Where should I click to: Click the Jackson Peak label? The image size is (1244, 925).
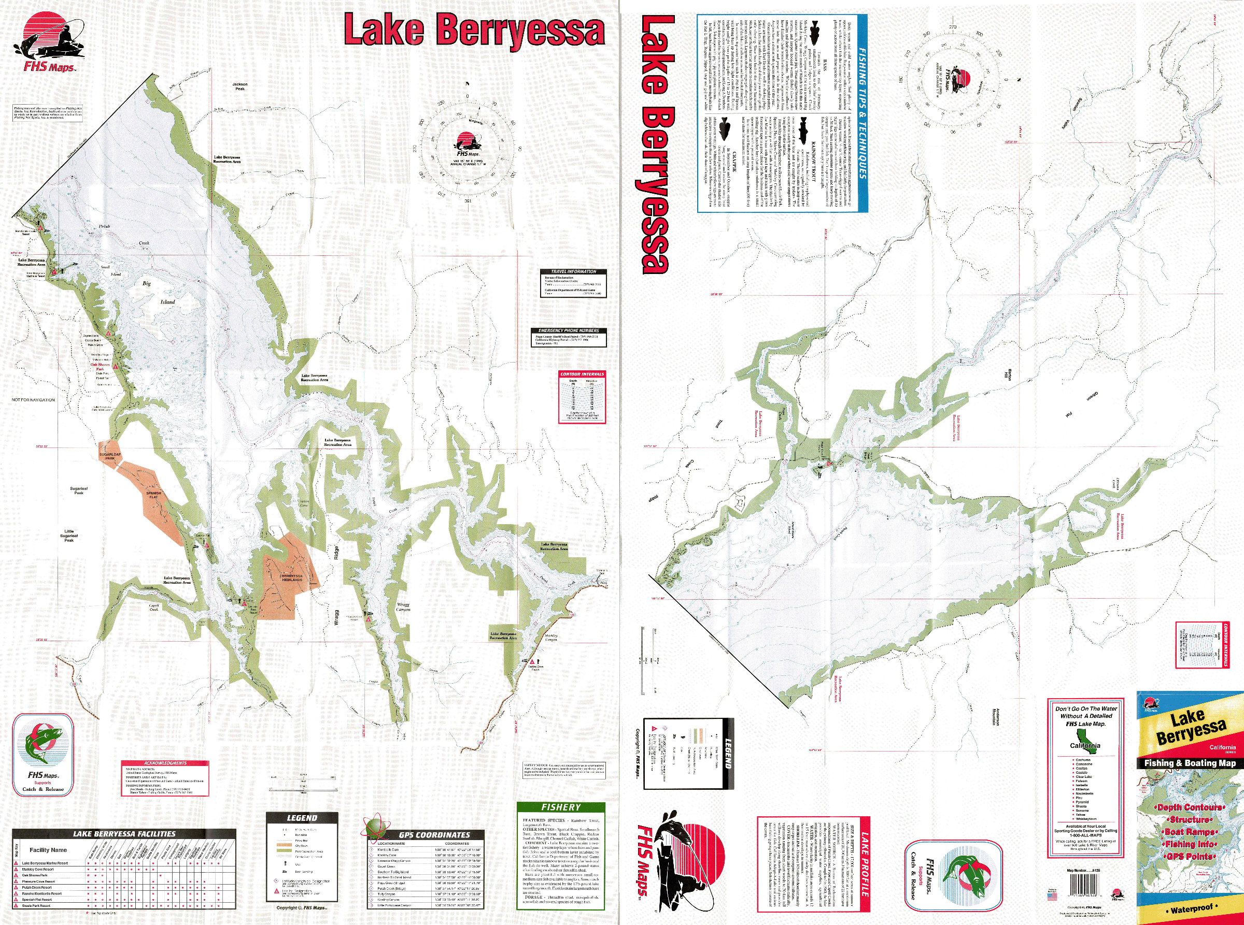[240, 86]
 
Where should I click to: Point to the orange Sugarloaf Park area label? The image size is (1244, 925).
[110, 456]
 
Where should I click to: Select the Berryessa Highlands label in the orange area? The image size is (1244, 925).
[291, 578]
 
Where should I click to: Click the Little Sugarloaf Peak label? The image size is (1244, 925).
[69, 536]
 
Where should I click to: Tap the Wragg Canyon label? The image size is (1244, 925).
[403, 607]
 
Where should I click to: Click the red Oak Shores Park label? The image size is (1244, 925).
[101, 367]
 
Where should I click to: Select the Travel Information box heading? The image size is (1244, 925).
[573, 271]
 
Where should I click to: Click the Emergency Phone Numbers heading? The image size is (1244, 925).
[568, 330]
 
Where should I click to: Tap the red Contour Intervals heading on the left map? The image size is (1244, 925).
[582, 374]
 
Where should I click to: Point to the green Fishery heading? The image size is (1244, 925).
[560, 807]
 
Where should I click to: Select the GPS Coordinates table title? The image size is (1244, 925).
[434, 835]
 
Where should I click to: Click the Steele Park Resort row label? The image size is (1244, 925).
[36, 905]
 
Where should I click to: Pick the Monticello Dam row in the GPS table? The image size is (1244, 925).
[392, 850]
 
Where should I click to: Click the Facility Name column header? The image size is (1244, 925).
[48, 850]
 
